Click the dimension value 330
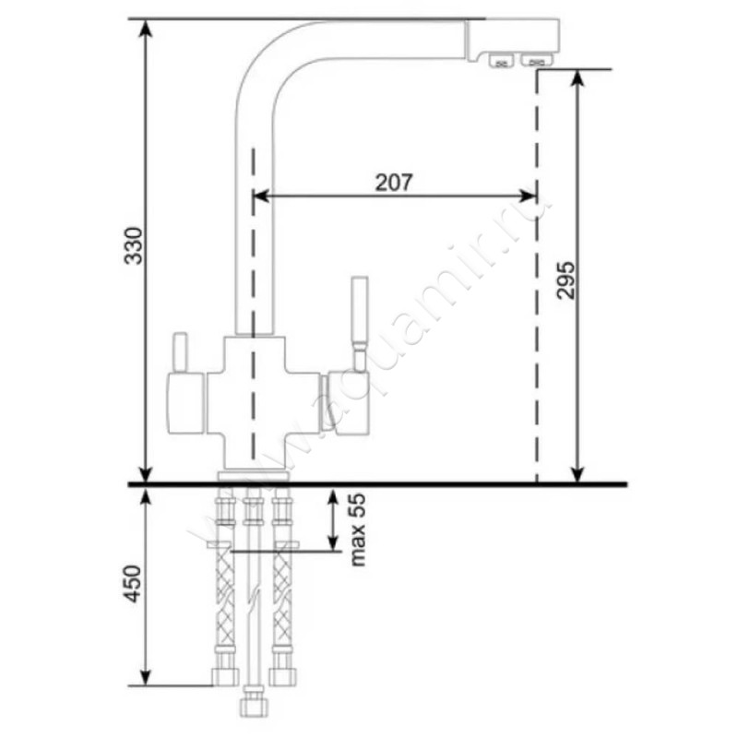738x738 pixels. [133, 245]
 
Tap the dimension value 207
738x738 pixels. [394, 183]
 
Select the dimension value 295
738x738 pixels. [565, 280]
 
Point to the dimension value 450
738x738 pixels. [133, 584]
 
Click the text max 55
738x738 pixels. [358, 530]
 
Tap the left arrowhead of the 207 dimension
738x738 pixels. [261, 196]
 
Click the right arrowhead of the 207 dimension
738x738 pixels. [528, 196]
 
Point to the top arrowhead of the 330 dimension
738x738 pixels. [147, 29]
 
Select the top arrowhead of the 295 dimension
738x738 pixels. [578, 78]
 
